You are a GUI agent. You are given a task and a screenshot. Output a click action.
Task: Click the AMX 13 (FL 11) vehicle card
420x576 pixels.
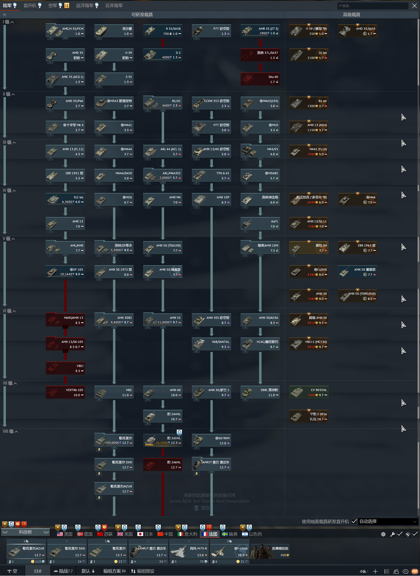tap(66, 151)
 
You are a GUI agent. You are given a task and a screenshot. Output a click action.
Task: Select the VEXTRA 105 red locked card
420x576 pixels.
tap(66, 392)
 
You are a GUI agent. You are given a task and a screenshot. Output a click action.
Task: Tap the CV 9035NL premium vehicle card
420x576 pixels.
tap(309, 392)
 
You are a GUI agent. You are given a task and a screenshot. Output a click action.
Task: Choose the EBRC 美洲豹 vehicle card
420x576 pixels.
tap(260, 392)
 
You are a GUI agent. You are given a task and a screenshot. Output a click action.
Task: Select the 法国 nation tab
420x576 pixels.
tap(210, 534)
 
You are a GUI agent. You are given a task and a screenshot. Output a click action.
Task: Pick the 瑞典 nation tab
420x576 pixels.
tap(230, 534)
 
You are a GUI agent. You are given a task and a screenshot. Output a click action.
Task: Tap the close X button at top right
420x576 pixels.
tap(414, 6)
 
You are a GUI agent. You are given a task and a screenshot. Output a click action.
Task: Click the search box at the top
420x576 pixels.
tap(373, 6)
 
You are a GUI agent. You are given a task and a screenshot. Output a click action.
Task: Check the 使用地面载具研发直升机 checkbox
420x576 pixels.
tap(354, 521)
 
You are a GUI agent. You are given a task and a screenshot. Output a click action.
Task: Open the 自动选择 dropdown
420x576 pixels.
tap(388, 521)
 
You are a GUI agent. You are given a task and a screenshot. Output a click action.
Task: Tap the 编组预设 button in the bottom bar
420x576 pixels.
tap(143, 571)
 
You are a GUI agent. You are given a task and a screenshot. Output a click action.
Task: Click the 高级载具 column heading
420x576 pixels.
tap(351, 15)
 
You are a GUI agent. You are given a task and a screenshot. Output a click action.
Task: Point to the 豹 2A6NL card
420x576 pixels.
tap(163, 465)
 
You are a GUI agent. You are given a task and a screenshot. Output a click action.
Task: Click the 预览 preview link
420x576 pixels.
tap(205, 508)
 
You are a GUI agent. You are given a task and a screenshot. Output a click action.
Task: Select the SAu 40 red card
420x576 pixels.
tap(260, 79)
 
